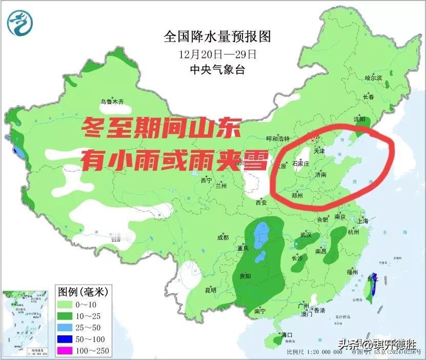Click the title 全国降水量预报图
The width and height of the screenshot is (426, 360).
pyautogui.click(x=216, y=36)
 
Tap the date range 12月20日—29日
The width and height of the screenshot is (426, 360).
pyautogui.click(x=216, y=53)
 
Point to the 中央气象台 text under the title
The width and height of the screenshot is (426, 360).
pyautogui.click(x=216, y=69)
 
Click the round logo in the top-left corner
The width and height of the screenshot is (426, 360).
pyautogui.click(x=21, y=22)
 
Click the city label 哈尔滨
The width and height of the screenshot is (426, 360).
pyautogui.click(x=373, y=78)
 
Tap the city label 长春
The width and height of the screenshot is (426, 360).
pyautogui.click(x=368, y=97)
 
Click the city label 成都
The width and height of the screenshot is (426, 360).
pyautogui.click(x=223, y=237)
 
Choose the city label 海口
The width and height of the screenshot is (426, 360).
pyautogui.click(x=286, y=335)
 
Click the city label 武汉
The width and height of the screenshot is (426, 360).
pyautogui.click(x=306, y=235)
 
